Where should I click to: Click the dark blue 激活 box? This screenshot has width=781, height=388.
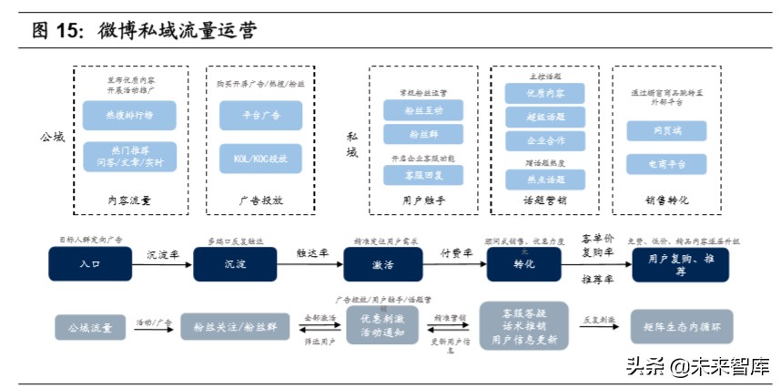tap(383, 264)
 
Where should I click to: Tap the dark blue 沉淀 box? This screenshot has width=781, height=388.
tap(234, 264)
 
